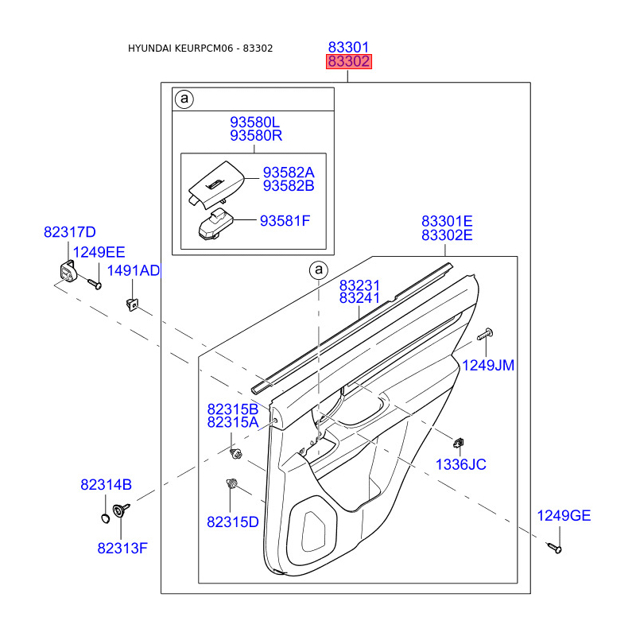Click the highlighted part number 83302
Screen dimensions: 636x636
[x=348, y=62]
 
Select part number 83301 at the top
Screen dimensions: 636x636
[x=348, y=48]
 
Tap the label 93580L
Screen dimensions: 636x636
[x=256, y=122]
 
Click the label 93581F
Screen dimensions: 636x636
[x=285, y=220]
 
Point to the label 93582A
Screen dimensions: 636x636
[x=289, y=173]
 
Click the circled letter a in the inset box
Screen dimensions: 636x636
[x=184, y=99]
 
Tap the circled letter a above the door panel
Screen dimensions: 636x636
[x=318, y=270]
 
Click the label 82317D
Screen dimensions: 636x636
[x=69, y=232]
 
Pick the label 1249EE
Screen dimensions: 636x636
[x=99, y=252]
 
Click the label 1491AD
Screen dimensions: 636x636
[x=134, y=271]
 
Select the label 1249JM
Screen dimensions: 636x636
[x=489, y=365]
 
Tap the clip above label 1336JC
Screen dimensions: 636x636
[x=460, y=442]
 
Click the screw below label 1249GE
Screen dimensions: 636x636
[x=555, y=547]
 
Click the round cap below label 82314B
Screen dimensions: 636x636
[x=104, y=519]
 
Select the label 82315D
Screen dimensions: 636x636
[x=233, y=522]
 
